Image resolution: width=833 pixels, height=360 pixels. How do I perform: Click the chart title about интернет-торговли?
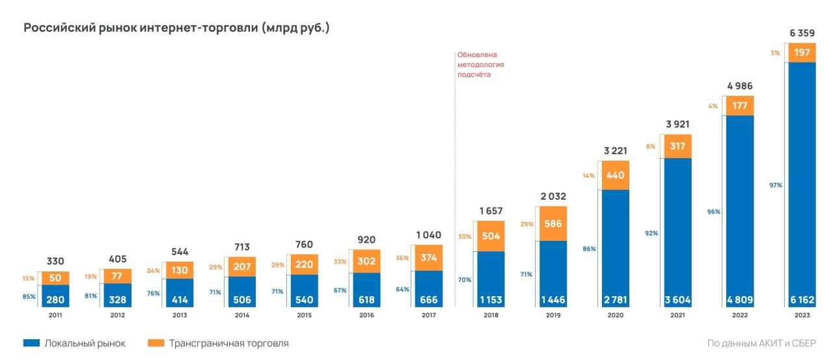(x=176, y=29)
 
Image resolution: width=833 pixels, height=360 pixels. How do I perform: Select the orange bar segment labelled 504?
(x=491, y=236)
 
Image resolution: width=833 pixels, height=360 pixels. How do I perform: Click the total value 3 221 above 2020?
(x=615, y=150)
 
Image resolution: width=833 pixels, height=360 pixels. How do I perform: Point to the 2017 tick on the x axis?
(x=428, y=316)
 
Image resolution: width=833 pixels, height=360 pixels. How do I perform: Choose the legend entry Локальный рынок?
(x=74, y=343)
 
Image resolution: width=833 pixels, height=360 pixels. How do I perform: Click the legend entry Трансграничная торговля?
(x=217, y=343)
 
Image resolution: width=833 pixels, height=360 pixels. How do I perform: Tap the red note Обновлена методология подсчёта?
(x=480, y=64)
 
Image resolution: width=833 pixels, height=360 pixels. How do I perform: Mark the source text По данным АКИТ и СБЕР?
(x=761, y=343)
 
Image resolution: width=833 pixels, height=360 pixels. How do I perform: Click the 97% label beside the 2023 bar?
(x=775, y=185)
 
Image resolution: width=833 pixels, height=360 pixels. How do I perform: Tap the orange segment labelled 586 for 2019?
(x=553, y=223)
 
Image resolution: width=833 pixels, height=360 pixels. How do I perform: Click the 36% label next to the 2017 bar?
(x=403, y=258)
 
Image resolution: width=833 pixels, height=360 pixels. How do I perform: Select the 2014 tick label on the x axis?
(x=241, y=316)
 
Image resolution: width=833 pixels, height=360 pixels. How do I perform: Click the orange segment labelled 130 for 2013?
(x=179, y=270)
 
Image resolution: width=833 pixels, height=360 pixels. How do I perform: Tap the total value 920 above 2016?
(x=366, y=240)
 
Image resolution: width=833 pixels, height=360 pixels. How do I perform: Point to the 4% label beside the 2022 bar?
(x=713, y=106)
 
